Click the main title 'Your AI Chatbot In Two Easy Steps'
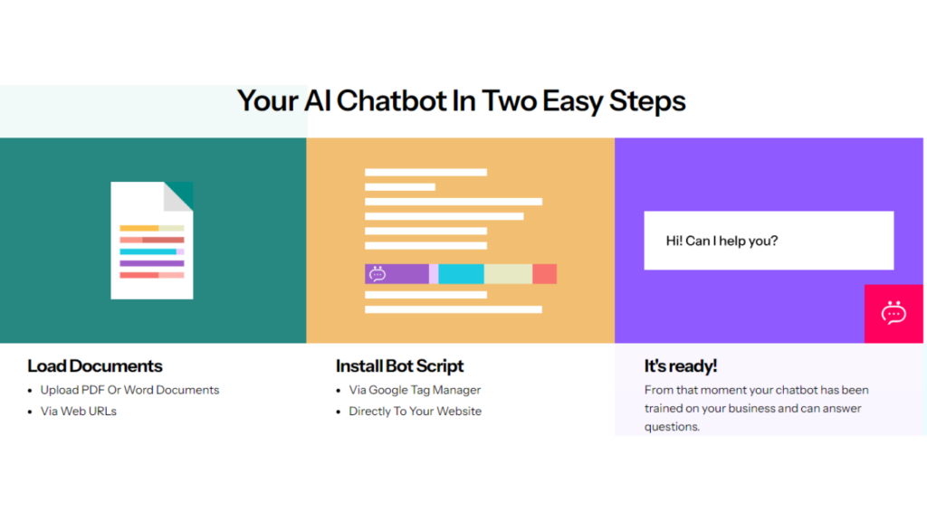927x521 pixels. click(x=461, y=101)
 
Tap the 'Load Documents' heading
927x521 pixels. click(x=94, y=366)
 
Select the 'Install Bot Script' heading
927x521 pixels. click(x=399, y=366)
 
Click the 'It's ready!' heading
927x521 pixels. click(x=681, y=366)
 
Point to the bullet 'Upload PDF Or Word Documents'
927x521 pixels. click(x=129, y=390)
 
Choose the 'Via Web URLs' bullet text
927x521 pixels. click(x=78, y=412)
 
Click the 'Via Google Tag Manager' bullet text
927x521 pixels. click(x=415, y=390)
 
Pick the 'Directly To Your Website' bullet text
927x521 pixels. click(x=415, y=412)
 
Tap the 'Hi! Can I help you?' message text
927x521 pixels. click(x=722, y=241)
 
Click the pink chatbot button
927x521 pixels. click(x=894, y=314)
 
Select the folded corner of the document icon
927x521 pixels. click(x=178, y=196)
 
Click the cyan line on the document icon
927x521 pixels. click(x=148, y=251)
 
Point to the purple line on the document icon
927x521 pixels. click(x=152, y=263)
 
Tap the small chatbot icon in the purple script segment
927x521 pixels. click(x=377, y=274)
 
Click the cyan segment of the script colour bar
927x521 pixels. click(x=461, y=274)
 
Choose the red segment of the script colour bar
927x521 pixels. click(x=544, y=274)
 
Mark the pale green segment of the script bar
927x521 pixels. click(x=509, y=274)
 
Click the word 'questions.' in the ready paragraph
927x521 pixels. click(x=673, y=427)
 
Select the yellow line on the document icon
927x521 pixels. click(x=139, y=228)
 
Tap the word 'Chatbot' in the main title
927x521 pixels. click(x=391, y=101)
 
